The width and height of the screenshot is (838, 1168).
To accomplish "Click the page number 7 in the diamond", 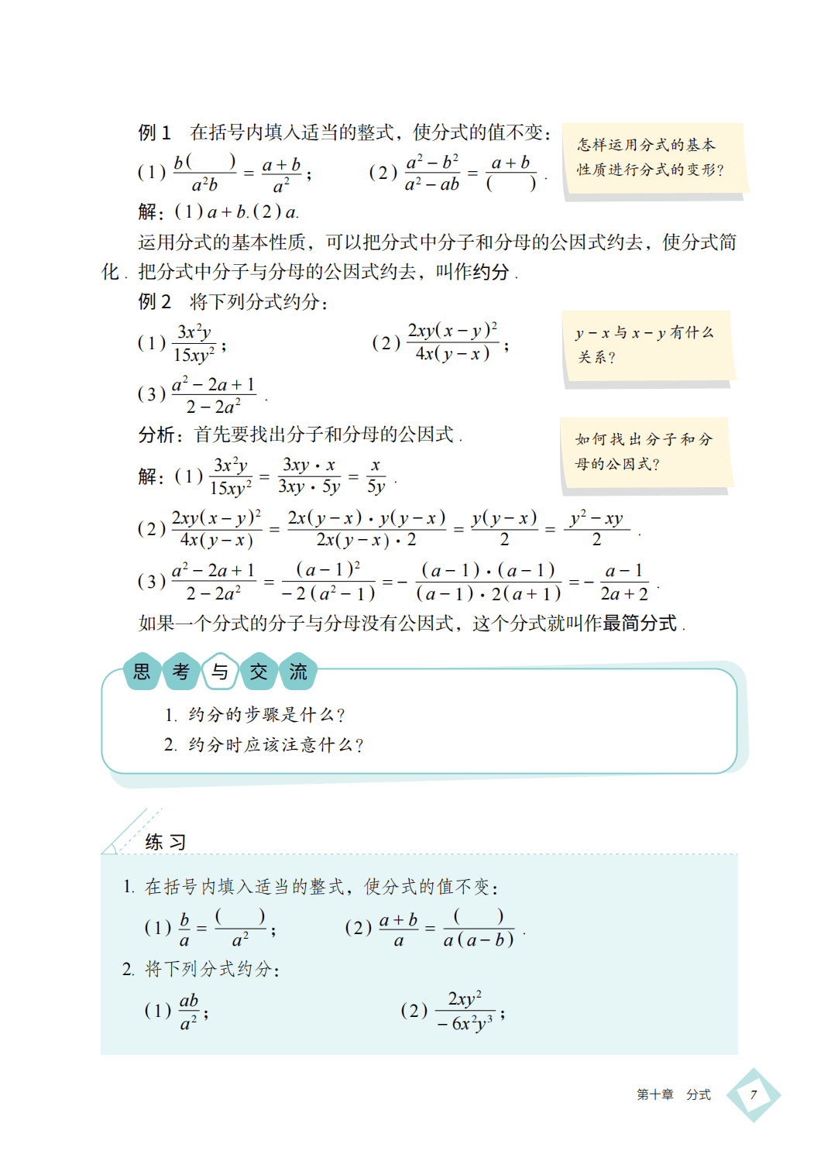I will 753,1094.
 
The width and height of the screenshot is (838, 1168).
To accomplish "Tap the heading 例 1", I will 154,132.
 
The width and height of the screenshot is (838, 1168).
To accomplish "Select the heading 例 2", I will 154,301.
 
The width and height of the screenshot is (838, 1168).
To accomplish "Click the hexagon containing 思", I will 142,672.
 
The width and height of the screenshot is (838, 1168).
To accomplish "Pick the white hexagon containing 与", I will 220,672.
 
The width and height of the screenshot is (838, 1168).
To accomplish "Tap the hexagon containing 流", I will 298,672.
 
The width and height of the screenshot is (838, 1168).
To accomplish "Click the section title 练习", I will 165,842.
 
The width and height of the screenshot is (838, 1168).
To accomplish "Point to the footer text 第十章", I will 654,1094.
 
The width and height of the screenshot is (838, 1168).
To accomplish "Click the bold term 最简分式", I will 640,623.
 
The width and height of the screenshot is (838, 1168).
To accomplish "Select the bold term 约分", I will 490,272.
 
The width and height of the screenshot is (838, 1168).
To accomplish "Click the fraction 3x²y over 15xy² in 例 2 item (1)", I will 194,344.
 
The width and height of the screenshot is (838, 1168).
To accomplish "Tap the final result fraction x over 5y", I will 376,476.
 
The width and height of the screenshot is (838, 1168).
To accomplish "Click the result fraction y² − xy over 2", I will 596,529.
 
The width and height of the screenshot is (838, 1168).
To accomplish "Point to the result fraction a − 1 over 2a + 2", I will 624,582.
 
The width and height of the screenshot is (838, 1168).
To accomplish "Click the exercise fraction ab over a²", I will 189,1012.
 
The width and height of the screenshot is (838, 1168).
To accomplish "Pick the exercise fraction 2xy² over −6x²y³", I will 465,1012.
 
